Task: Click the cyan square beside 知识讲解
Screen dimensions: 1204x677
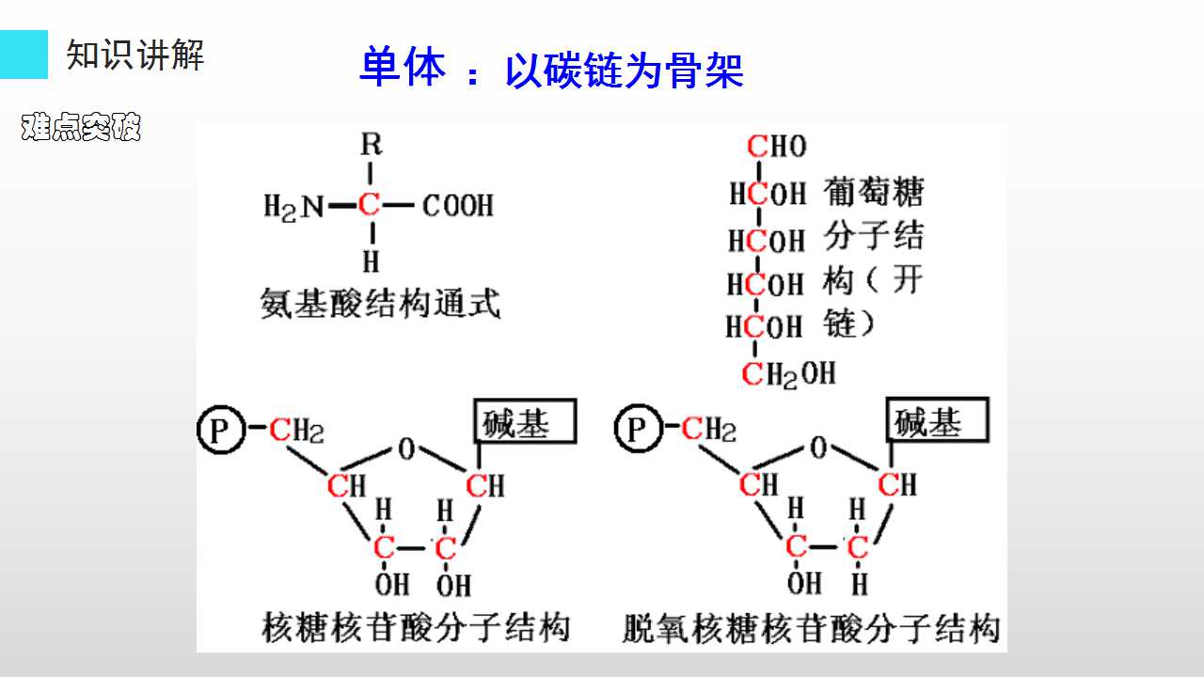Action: (x=24, y=55)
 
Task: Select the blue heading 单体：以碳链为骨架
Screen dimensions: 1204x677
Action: (x=551, y=69)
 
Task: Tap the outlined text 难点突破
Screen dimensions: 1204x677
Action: (x=81, y=127)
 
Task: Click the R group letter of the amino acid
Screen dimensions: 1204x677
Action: (x=372, y=144)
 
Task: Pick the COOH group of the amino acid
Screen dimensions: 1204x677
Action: (x=457, y=205)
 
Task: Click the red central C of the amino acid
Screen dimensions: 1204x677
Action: (x=370, y=204)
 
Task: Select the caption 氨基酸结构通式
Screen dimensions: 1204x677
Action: (x=381, y=303)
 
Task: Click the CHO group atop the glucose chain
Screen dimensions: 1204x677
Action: (x=777, y=146)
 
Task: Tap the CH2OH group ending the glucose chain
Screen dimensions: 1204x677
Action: (x=788, y=374)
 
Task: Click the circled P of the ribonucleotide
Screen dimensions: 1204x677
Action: (x=221, y=430)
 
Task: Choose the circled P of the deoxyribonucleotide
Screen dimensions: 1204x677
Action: (x=639, y=428)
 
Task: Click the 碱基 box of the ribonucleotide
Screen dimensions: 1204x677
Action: (x=525, y=421)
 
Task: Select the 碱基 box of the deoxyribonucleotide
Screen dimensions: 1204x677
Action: (x=938, y=419)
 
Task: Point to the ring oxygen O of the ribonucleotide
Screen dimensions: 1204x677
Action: (x=407, y=449)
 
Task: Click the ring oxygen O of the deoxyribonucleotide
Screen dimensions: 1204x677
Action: (x=818, y=447)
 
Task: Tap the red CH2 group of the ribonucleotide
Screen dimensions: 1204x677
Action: (x=296, y=431)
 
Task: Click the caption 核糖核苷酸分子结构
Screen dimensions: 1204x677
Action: (x=416, y=627)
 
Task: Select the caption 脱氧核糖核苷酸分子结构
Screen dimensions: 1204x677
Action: (x=811, y=628)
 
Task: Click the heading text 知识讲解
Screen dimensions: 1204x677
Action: (x=135, y=55)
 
